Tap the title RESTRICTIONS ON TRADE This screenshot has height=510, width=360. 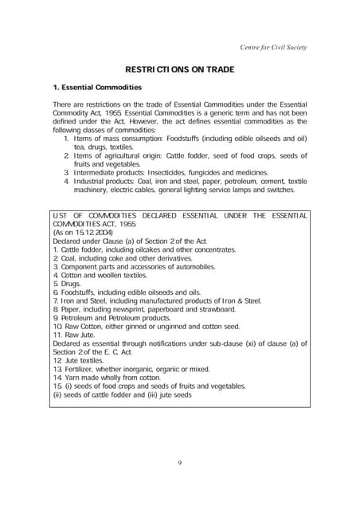tap(180, 69)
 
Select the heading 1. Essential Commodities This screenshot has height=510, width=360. tap(97, 88)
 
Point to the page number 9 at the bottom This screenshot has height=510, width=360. tap(180, 462)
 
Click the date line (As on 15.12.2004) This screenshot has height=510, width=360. tap(78, 232)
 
